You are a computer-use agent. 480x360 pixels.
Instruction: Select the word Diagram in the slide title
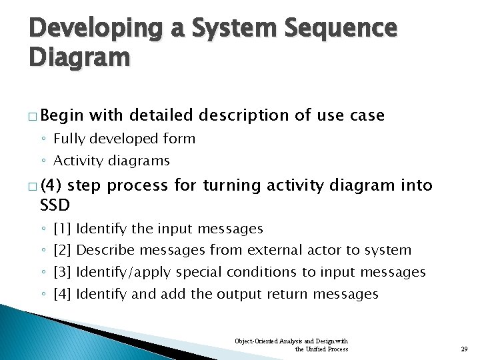pos(79,59)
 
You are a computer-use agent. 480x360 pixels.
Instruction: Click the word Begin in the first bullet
pos(67,115)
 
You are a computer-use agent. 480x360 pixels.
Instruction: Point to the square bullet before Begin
pos(33,116)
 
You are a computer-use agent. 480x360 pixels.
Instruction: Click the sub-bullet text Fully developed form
pos(124,139)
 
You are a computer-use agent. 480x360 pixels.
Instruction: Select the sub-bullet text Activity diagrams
pos(111,161)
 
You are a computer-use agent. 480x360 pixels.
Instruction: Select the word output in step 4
pos(240,294)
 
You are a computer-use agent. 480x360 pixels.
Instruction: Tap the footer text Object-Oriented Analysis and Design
pos(291,341)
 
